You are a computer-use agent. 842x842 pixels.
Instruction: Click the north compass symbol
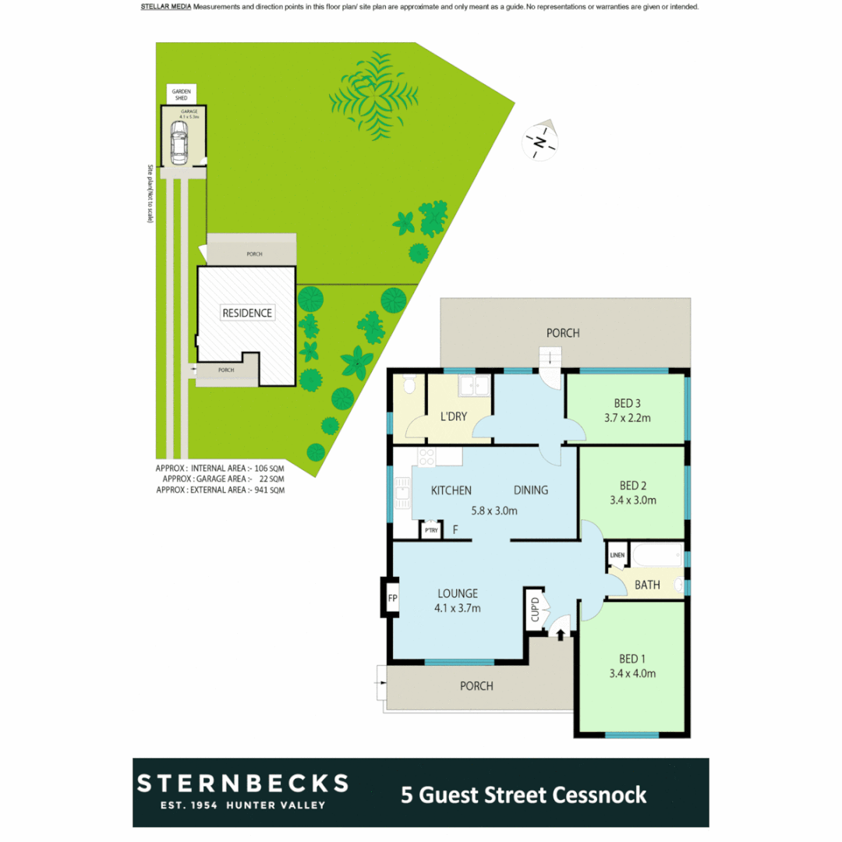[540, 141]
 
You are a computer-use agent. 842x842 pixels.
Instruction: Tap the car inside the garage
[179, 145]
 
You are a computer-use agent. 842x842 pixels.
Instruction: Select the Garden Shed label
[181, 95]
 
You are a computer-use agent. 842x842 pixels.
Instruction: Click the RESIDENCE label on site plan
[247, 313]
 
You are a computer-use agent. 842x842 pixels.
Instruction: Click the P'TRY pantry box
[431, 530]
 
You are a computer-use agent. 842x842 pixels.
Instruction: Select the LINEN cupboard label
[617, 555]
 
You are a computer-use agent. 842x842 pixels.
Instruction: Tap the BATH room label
[647, 585]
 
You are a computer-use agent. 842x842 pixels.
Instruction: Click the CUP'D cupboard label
[536, 610]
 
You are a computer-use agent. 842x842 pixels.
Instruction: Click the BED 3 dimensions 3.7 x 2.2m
[627, 418]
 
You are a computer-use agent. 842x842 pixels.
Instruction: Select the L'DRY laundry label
[454, 416]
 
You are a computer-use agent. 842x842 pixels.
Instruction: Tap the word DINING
[530, 490]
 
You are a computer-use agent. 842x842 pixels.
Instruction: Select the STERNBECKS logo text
[242, 783]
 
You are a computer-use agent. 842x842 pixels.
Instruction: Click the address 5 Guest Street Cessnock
[523, 794]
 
